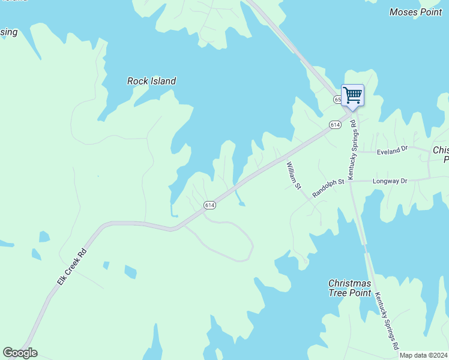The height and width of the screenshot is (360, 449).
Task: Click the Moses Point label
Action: (x=415, y=12)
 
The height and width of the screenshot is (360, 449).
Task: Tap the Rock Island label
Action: (x=151, y=81)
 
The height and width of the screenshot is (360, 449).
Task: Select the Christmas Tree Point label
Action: (x=349, y=287)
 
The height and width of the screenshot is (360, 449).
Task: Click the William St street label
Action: (x=294, y=175)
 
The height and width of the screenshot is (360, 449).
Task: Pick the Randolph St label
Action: (x=328, y=188)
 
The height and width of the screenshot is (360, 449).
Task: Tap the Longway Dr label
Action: (x=390, y=181)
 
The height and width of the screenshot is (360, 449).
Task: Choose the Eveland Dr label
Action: (x=392, y=152)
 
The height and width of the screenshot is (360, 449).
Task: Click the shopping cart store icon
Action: (x=352, y=95)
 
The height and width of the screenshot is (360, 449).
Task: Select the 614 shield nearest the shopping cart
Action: (x=335, y=124)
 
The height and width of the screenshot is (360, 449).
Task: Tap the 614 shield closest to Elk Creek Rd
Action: (x=209, y=205)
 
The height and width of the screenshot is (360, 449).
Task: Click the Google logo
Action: (x=20, y=353)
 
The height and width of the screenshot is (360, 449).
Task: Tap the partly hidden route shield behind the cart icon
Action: (x=337, y=99)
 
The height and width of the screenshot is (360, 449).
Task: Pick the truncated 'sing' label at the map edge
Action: (x=8, y=32)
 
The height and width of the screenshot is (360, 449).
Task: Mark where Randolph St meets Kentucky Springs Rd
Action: (x=350, y=181)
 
